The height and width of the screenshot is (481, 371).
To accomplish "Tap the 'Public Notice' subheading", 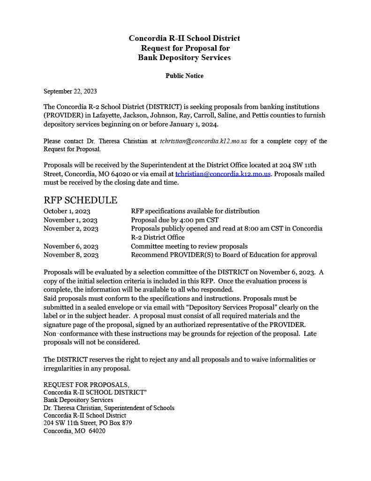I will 184,76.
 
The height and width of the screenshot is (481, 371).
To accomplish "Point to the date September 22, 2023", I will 70,91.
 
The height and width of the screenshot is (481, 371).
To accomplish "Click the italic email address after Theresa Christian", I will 203,141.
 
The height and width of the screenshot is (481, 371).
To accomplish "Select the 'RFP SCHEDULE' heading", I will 80,200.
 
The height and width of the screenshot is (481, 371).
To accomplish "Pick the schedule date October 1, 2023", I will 67,211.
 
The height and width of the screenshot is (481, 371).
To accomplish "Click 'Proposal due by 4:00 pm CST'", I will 174,220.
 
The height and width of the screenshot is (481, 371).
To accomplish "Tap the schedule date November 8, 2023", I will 71,255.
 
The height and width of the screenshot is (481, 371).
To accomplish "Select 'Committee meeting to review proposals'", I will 189,246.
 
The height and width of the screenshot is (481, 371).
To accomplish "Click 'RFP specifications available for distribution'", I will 195,211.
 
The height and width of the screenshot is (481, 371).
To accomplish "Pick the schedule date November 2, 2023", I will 71,229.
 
